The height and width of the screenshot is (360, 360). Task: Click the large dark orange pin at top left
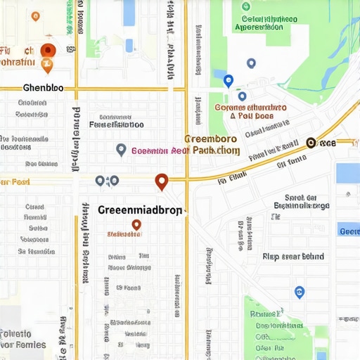48,50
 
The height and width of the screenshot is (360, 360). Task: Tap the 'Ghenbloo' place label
43,89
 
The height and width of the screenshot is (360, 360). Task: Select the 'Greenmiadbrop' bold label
140,210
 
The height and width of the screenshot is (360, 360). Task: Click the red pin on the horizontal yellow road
162,181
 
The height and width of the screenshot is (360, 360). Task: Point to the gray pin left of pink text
121,149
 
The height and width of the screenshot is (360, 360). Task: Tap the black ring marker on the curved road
311,143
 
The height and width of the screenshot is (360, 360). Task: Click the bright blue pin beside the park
228,80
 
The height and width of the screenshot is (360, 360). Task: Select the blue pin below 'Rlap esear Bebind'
300,292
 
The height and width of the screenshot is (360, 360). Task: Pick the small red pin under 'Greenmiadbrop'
136,225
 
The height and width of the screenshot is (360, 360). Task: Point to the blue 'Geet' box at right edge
349,231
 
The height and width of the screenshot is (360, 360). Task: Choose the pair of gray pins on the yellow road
107,181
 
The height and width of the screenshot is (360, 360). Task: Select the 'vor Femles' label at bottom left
23,345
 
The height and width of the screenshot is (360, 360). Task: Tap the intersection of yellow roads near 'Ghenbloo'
77,89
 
